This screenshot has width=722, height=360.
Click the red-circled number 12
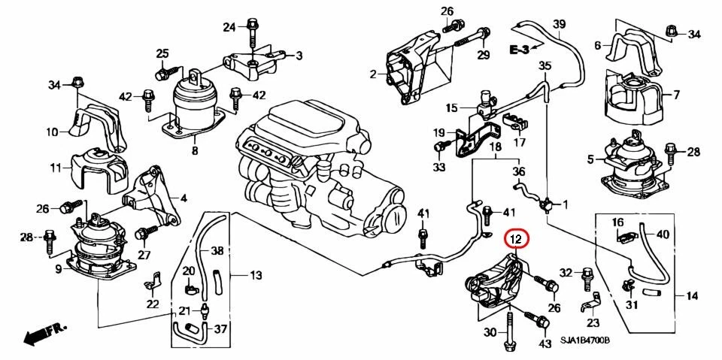click(516, 240)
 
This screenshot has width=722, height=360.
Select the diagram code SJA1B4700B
click(585, 341)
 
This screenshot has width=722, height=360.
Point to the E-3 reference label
click(520, 50)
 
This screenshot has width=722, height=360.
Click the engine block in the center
click(316, 165)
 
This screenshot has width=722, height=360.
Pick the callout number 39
click(558, 25)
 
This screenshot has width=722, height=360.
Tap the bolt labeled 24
click(252, 28)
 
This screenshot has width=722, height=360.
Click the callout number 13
click(256, 276)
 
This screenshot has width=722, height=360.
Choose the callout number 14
click(692, 295)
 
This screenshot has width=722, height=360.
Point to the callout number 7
click(675, 95)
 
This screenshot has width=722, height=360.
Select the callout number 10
click(52, 132)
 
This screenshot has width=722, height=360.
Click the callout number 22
click(153, 304)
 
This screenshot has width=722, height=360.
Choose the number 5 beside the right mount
click(591, 159)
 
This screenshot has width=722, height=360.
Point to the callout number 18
click(495, 148)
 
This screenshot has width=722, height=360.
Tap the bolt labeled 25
click(161, 74)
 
